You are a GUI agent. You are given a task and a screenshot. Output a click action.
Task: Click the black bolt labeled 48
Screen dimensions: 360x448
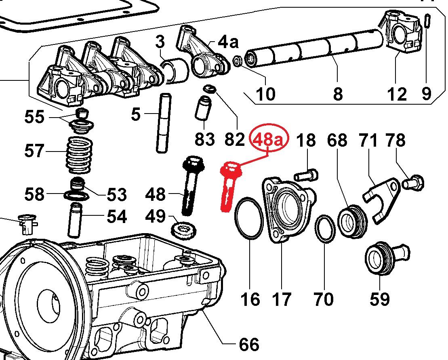tap(190, 186)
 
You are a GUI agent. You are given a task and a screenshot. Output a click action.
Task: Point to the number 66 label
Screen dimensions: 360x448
tap(248, 345)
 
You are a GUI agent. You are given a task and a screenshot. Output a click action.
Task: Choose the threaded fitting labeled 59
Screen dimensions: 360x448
tap(384, 259)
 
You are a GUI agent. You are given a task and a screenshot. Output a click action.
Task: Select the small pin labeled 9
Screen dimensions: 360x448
tap(427, 20)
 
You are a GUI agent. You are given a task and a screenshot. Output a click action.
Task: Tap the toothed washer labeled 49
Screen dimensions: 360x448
tap(185, 230)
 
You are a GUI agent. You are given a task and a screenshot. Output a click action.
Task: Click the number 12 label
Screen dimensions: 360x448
tap(396, 94)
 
